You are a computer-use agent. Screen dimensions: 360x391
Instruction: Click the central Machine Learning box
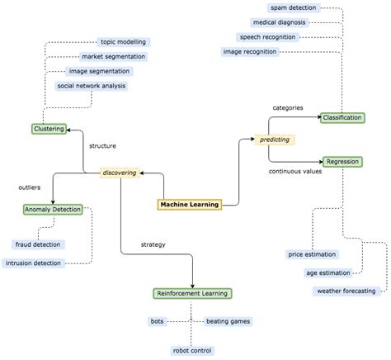coord(190,205)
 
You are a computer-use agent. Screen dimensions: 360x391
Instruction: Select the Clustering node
coord(49,129)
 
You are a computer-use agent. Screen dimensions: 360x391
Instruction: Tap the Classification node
coord(342,118)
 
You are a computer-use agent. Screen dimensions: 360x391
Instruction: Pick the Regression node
coord(342,162)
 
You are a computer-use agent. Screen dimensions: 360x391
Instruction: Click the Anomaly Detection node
coord(52,210)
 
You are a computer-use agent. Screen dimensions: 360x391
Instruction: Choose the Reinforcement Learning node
coord(193,293)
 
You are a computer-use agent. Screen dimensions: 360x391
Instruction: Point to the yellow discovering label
coord(118,173)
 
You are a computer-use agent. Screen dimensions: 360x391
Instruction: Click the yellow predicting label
coord(275,140)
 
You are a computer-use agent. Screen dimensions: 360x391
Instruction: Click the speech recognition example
coord(266,37)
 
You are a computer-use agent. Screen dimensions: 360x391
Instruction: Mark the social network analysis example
coord(92,86)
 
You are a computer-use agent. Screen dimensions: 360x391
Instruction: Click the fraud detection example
coord(38,244)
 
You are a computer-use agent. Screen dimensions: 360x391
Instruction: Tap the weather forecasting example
coord(346,291)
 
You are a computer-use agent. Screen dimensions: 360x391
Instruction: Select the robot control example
coord(192,350)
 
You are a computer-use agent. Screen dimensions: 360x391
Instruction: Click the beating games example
coord(227,321)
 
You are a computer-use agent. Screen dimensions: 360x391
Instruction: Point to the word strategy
coord(153,244)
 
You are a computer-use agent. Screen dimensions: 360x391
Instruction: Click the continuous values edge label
coord(295,172)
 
